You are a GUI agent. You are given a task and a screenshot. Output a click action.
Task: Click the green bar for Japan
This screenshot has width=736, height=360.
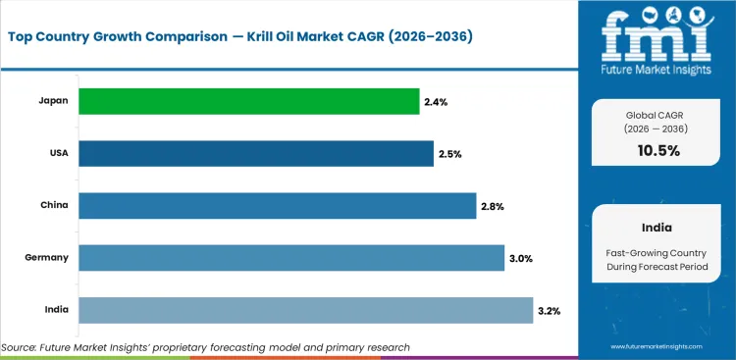(248, 101)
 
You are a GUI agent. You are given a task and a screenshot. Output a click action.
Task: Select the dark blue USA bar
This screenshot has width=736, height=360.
(255, 153)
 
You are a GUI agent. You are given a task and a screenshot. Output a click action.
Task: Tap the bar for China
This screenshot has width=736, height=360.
(277, 205)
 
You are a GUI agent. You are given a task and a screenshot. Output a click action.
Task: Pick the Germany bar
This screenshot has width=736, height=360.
(290, 258)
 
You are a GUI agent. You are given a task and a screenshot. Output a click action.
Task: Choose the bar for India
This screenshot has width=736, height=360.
(305, 310)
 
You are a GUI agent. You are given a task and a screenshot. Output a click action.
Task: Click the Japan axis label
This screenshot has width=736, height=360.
(53, 101)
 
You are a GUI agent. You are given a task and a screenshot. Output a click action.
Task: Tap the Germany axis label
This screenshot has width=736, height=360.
(46, 258)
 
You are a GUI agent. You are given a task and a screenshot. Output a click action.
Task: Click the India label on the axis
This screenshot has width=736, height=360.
(55, 310)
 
